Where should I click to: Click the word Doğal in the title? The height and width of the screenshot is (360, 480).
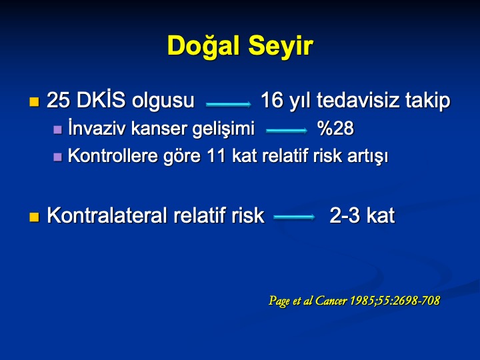click(203, 46)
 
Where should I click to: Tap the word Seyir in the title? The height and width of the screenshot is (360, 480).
click(281, 47)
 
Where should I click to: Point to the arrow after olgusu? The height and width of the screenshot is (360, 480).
click(229, 105)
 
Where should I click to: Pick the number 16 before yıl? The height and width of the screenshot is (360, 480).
click(272, 100)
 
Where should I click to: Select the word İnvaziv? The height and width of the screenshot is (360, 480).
click(97, 127)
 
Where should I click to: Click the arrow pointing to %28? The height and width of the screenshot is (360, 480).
click(287, 131)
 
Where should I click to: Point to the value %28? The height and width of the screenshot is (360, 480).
click(335, 128)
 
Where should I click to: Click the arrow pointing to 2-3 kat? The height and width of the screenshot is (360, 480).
click(294, 217)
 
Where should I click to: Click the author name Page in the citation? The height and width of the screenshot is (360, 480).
click(279, 301)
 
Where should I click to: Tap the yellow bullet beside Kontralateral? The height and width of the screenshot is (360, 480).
click(34, 217)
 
